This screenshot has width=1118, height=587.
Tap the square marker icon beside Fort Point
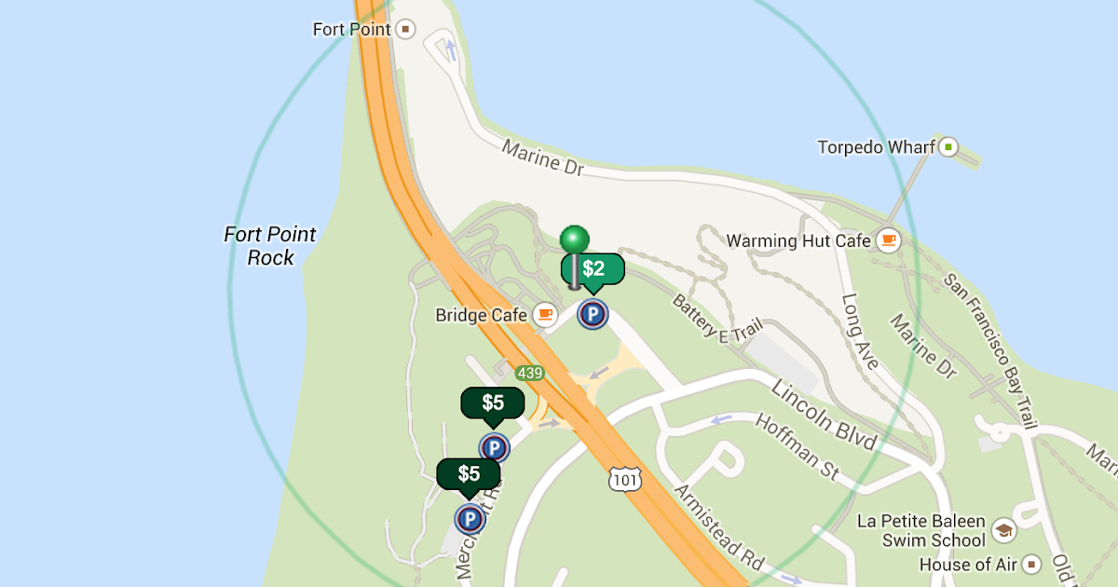point(405,29)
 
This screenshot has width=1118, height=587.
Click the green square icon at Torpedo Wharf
point(948,146)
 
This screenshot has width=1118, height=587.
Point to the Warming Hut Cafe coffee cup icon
point(889,240)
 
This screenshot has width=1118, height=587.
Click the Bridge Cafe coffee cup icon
point(545,315)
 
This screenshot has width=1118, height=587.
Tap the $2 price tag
point(593,269)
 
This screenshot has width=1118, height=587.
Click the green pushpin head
point(575,239)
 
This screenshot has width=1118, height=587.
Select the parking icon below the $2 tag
point(592,314)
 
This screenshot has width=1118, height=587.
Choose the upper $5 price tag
point(493,403)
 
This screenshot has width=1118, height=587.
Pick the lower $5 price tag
point(469,473)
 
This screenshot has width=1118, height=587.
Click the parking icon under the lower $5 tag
point(470,518)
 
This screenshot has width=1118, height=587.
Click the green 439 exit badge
point(529,373)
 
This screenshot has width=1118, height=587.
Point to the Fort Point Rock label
point(270,246)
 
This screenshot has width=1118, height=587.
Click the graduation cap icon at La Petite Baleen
point(1003,530)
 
